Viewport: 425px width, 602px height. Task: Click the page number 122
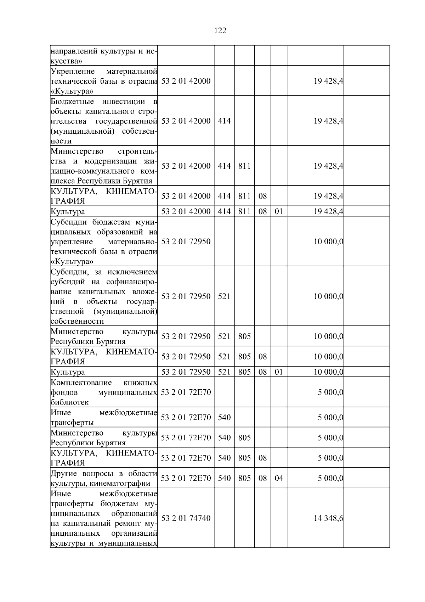tap(220, 31)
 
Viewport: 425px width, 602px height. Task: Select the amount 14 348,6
tap(328, 518)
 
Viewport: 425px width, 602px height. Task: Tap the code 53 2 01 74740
tap(186, 518)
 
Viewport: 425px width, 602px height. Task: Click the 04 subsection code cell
tap(279, 478)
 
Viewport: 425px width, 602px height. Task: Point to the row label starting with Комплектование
tap(104, 392)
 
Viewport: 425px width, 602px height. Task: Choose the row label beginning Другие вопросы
tap(104, 478)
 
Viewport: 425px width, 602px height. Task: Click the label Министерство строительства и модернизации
tap(104, 166)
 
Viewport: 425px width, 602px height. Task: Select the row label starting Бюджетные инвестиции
tap(104, 121)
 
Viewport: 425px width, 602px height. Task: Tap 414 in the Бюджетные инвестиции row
tap(224, 121)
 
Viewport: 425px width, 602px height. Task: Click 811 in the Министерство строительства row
tap(244, 166)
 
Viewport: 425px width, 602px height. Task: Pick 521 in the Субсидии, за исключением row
tap(224, 296)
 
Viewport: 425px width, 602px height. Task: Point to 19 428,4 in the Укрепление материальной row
tap(328, 81)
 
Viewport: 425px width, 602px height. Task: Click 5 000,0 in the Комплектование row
tap(330, 392)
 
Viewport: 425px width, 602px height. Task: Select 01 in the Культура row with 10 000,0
tap(279, 372)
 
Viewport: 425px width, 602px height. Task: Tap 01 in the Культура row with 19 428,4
tap(279, 211)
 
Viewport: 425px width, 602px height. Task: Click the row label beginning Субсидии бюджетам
tap(104, 242)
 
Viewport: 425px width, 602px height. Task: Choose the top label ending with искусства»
tap(104, 56)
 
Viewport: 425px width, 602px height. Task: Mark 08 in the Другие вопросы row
tap(262, 478)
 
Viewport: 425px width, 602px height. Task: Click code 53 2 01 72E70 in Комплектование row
tap(186, 392)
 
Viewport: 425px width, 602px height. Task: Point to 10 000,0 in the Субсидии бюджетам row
tap(328, 242)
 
